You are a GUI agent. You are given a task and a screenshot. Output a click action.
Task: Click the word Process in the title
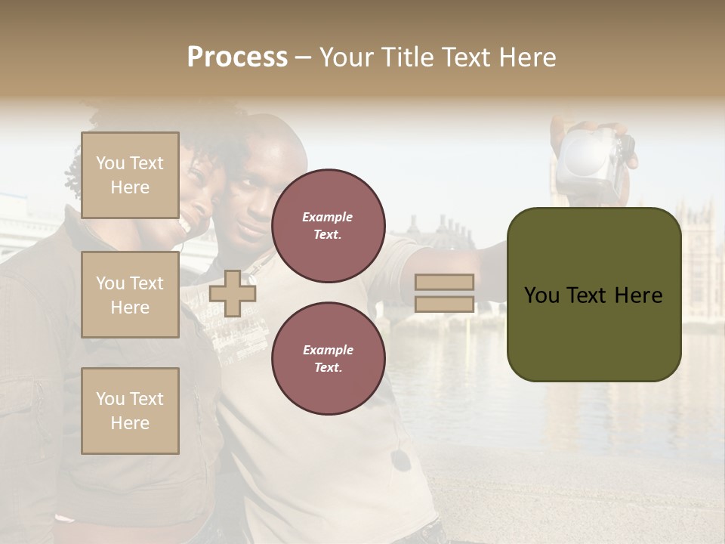pyautogui.click(x=237, y=57)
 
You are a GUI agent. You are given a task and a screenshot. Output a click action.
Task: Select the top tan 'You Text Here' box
pyautogui.click(x=130, y=175)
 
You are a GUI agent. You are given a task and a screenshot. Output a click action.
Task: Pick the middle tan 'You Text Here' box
pyautogui.click(x=130, y=295)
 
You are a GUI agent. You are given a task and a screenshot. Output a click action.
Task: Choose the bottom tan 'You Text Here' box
pyautogui.click(x=130, y=411)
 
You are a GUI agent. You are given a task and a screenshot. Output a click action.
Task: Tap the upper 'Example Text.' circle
pyautogui.click(x=328, y=225)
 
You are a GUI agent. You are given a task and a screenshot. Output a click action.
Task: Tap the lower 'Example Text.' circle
pyautogui.click(x=328, y=358)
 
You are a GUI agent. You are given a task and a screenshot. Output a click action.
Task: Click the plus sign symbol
pyautogui.click(x=233, y=294)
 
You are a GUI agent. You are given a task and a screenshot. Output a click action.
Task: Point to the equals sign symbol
pyautogui.click(x=445, y=293)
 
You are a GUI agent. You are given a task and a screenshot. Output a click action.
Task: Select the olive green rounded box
pyautogui.click(x=594, y=295)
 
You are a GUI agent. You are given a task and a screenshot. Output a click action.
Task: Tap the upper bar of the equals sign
pyautogui.click(x=445, y=282)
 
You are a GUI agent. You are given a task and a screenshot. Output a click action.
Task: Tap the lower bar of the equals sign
pyautogui.click(x=445, y=304)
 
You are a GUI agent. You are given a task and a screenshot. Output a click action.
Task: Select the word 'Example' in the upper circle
pyautogui.click(x=328, y=217)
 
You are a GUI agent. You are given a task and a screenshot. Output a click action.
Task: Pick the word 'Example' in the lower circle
pyautogui.click(x=328, y=350)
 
